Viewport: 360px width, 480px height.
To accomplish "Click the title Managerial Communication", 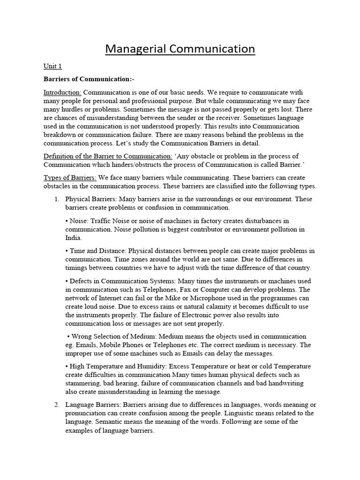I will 180,49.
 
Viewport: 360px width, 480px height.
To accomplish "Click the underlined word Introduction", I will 62,92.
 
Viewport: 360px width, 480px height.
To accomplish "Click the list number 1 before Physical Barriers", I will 56,199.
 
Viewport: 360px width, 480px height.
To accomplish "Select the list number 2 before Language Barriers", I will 56,405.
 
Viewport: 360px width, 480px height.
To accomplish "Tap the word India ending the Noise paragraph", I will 73,238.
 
